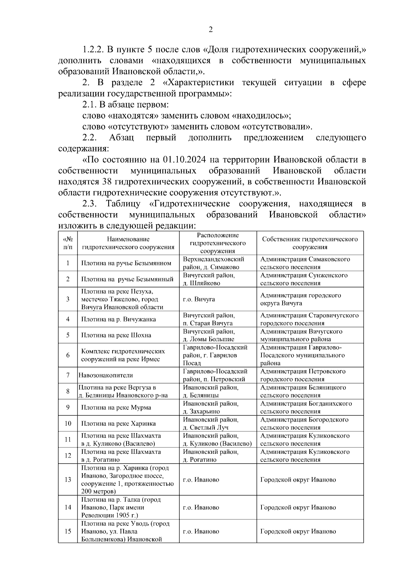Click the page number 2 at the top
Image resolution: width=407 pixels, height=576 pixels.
[210, 30]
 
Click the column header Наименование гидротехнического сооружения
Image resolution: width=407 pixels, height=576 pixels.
[128, 243]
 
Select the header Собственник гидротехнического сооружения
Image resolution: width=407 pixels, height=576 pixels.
[310, 243]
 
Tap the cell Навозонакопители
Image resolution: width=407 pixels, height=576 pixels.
[106, 375]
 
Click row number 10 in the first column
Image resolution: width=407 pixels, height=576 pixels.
[68, 424]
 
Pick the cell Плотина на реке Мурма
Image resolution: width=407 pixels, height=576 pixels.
[116, 408]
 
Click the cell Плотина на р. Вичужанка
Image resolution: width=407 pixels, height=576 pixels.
[118, 319]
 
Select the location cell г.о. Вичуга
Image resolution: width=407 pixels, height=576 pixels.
[199, 299]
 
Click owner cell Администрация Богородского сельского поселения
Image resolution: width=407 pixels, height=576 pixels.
[304, 424]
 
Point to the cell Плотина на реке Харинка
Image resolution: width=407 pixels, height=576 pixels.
[118, 424]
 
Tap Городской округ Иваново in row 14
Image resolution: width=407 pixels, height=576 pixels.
[298, 507]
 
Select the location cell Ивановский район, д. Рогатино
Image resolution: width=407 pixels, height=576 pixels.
[211, 456]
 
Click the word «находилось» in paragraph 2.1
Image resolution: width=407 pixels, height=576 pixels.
[260, 116]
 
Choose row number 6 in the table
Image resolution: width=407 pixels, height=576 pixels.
[68, 355]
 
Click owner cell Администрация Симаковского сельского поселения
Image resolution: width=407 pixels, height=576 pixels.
[305, 263]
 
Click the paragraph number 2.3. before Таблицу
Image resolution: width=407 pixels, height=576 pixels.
[90, 204]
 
